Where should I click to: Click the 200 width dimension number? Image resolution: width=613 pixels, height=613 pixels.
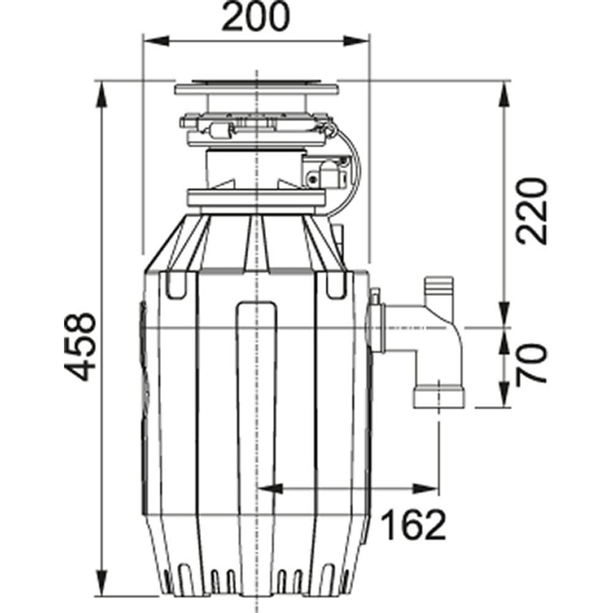click(255, 17)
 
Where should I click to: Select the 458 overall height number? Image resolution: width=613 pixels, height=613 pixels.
click(81, 346)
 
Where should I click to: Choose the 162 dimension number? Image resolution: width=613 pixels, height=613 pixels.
click(413, 525)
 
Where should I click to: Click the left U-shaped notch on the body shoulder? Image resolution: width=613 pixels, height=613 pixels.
click(175, 284)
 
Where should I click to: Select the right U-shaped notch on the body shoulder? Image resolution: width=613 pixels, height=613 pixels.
click(336, 284)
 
